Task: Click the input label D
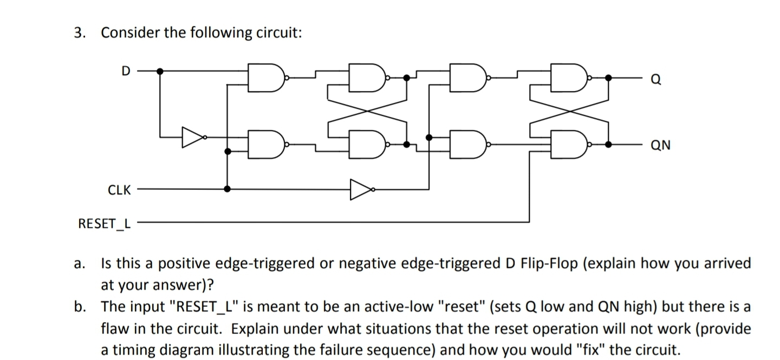tap(126, 71)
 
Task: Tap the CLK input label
tap(119, 190)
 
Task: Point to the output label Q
tap(655, 80)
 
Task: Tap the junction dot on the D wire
tap(160, 71)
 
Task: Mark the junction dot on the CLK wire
tap(227, 189)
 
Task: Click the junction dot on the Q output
tap(608, 78)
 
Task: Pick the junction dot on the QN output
tap(608, 145)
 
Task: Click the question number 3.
tap(80, 33)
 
